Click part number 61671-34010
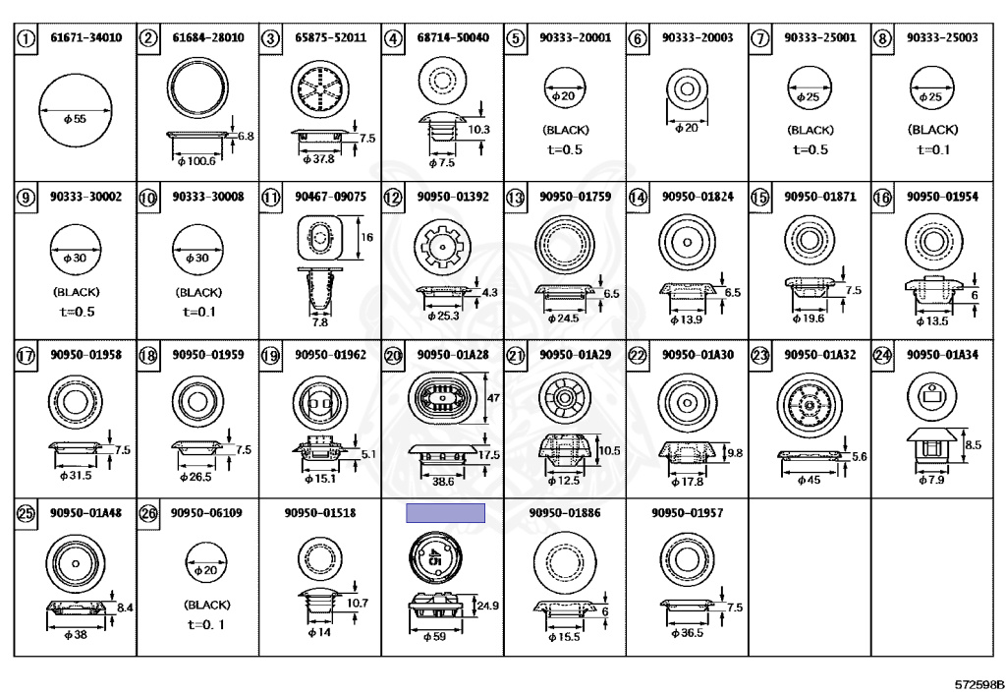pos(86,38)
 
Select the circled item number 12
pos(393,197)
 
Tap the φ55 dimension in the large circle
pos(75,119)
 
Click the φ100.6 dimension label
pos(196,161)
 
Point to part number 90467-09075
pos(330,197)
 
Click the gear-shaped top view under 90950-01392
pos(442,247)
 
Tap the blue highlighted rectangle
pos(445,513)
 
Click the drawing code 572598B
pos(979,684)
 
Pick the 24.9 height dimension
pos(487,606)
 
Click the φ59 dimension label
pos(434,637)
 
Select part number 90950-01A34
pos(942,355)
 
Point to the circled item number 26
pos(148,514)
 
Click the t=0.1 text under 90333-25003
pos(932,150)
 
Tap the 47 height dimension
pos(493,398)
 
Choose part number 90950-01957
pos(687,513)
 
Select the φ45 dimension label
pos(809,480)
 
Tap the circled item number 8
pos(883,38)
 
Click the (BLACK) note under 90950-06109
pos(206,606)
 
